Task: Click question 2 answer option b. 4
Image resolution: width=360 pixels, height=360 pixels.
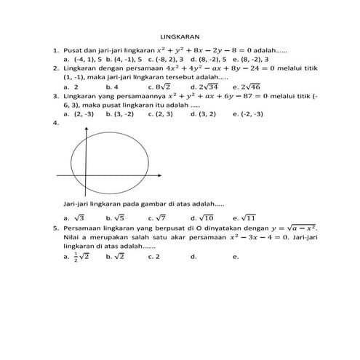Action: [113, 86]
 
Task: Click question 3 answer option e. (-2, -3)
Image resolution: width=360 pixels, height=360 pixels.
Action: [248, 113]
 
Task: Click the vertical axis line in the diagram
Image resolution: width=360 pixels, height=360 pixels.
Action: [87, 160]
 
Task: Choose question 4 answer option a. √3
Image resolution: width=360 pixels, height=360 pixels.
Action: [75, 217]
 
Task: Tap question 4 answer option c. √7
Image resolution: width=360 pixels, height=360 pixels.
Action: [158, 217]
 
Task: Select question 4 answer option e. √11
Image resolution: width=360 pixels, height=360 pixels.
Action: [245, 217]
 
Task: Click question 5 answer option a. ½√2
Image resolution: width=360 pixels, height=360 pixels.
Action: [76, 257]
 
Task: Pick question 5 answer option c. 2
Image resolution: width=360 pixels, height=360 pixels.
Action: [153, 257]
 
